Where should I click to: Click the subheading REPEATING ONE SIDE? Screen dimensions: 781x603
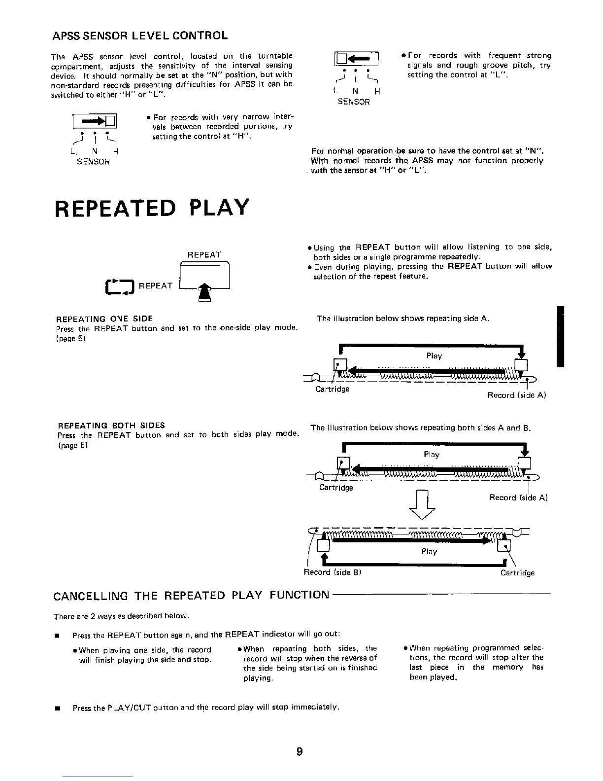(105, 319)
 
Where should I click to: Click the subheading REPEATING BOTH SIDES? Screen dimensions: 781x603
(111, 425)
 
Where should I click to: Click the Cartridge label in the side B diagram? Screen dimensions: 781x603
(517, 573)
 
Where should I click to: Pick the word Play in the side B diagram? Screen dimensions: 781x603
(429, 551)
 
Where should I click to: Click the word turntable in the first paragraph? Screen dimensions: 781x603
(274, 56)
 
